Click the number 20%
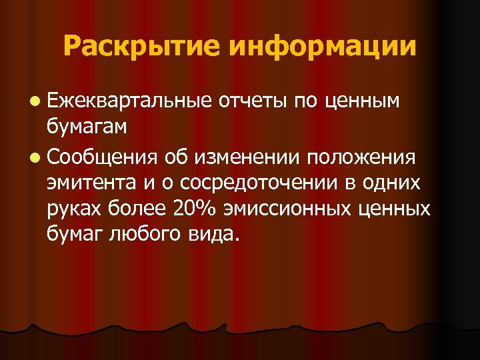click(x=191, y=207)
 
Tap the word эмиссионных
click(x=294, y=207)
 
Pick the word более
click(x=139, y=207)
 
